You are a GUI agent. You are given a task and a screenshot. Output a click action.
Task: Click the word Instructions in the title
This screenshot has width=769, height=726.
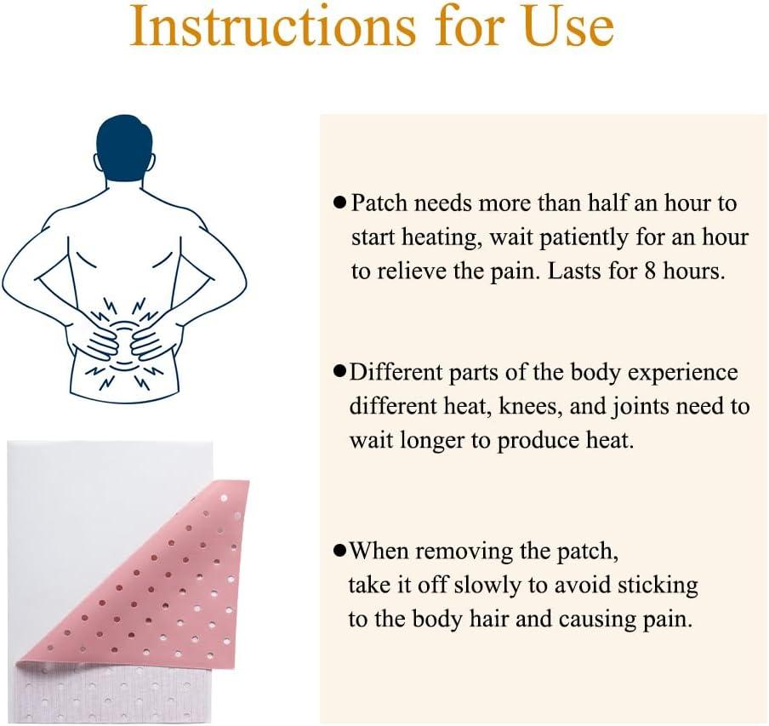(x=273, y=26)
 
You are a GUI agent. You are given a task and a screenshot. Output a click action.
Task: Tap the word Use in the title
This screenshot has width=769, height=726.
(x=568, y=26)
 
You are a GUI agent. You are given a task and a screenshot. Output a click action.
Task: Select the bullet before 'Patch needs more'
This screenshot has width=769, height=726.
(x=339, y=203)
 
